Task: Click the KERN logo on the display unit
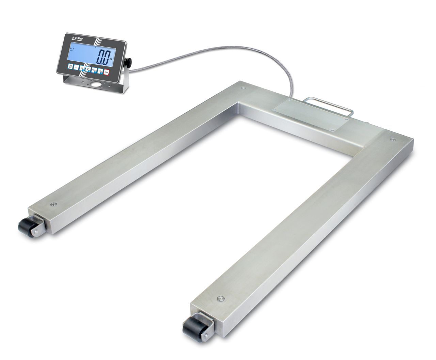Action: point(77,38)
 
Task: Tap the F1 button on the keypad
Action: point(77,67)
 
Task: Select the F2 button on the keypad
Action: point(82,68)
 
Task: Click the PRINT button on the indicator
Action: point(94,70)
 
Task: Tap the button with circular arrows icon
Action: point(88,69)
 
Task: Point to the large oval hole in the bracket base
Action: point(97,85)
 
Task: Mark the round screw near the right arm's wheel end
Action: point(219,299)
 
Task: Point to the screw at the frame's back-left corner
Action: point(243,88)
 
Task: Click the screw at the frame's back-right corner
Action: point(392,139)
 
